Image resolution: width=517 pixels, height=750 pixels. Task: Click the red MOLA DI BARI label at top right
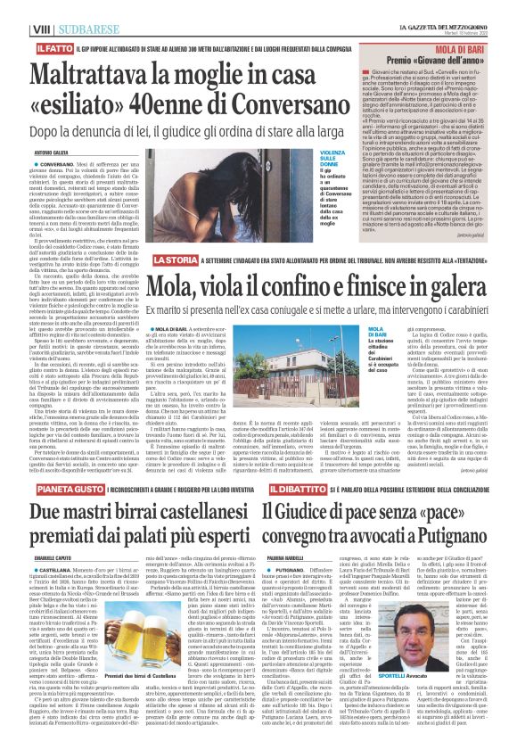[458, 43]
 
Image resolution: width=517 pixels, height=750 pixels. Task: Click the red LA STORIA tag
[174, 259]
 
